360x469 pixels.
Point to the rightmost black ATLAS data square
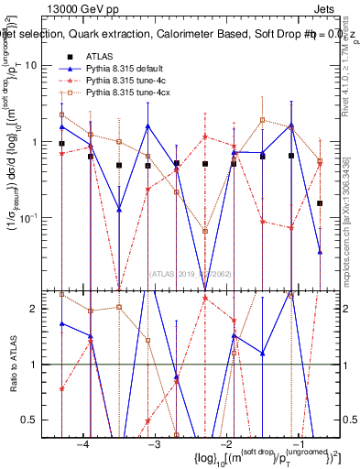(320, 203)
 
